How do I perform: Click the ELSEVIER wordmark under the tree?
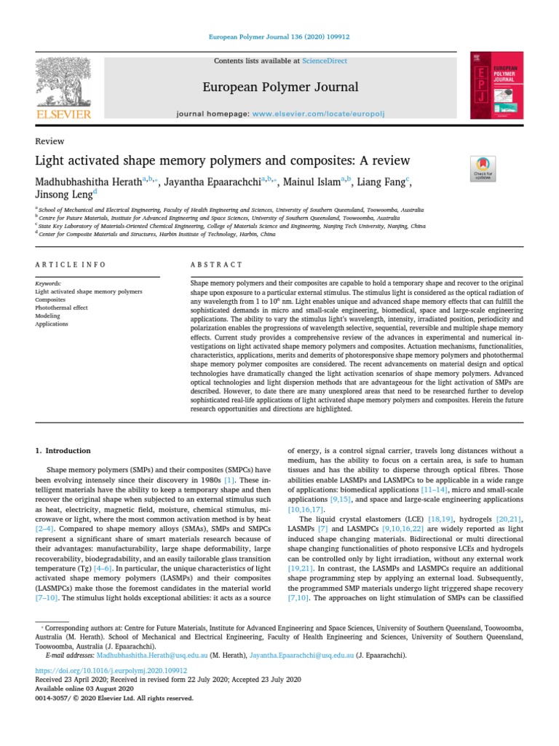pos(64,114)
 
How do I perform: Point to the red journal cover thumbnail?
pos(496,86)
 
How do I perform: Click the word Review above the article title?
pos(49,141)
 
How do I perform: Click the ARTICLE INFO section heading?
pos(71,264)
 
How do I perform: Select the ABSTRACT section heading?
pos(216,264)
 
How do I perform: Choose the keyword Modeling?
pos(48,316)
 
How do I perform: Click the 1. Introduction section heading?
pos(63,451)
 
